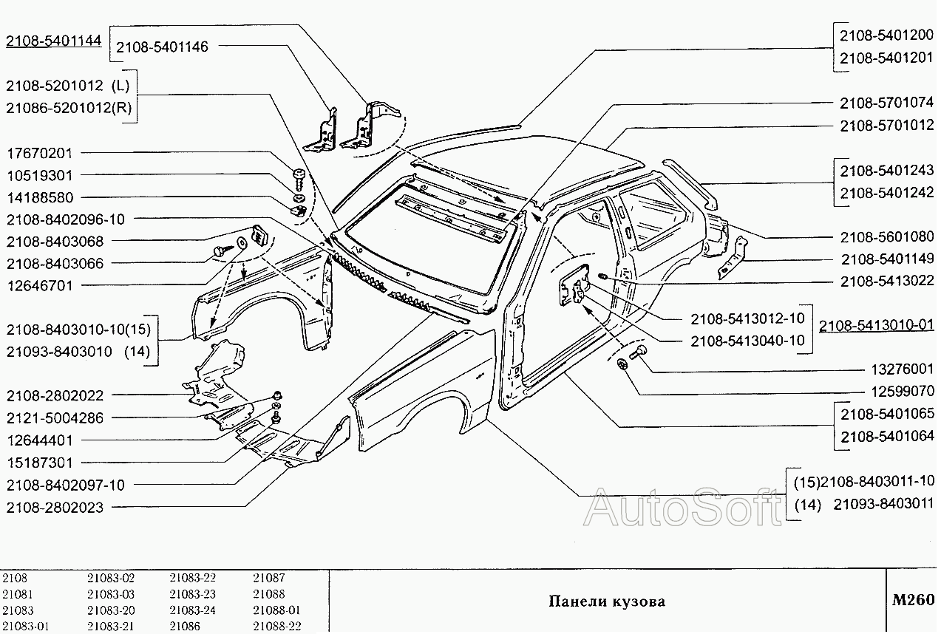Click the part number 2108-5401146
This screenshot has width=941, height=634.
coord(162,47)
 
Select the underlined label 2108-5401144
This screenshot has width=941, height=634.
coord(52,41)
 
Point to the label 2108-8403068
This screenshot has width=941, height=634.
coord(55,242)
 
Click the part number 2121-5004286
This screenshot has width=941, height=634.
coord(55,418)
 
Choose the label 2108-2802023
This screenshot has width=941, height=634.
coord(55,508)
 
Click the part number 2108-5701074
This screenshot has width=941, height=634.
coord(886,103)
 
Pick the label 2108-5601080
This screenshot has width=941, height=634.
coord(886,236)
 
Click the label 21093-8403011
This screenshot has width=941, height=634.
coord(883,505)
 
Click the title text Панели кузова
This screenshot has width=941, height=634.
coord(606,601)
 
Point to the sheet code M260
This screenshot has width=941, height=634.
coord(913,600)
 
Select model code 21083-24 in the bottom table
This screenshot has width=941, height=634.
coord(192,610)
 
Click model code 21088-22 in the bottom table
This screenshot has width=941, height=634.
coord(276,627)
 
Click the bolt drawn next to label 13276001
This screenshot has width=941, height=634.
coord(640,352)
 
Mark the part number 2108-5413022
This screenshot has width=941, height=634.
coord(886,282)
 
